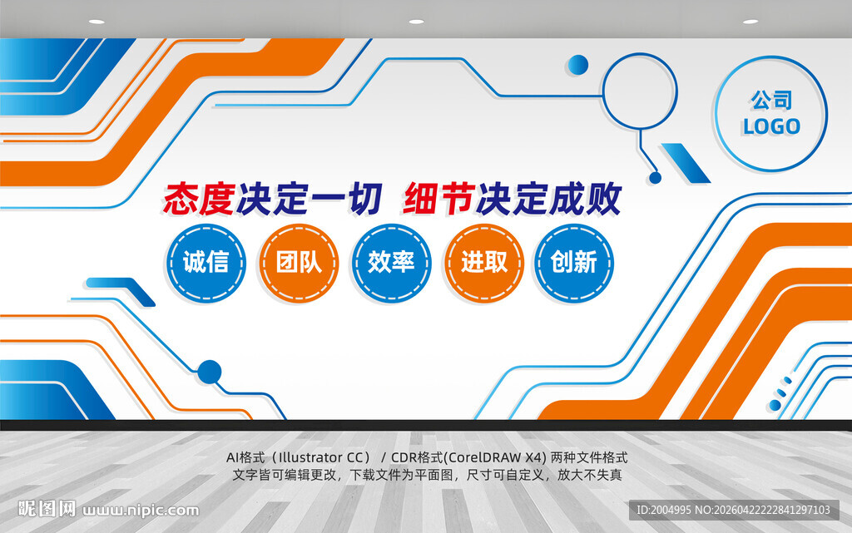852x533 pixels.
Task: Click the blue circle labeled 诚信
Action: tap(206, 263)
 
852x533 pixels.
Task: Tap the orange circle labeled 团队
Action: tap(299, 263)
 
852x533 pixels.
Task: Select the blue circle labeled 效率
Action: tap(391, 263)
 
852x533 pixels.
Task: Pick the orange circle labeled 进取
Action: tap(483, 263)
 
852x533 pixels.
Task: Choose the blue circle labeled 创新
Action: tap(574, 263)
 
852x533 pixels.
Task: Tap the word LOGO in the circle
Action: tap(771, 127)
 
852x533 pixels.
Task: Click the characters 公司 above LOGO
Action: tap(771, 101)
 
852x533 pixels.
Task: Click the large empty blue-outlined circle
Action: tap(640, 91)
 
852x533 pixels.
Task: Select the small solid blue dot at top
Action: tap(577, 64)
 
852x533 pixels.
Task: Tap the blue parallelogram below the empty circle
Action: tap(685, 162)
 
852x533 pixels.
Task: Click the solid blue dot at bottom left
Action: tap(210, 372)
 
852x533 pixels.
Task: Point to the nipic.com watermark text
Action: tap(141, 510)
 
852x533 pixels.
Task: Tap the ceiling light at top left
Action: tap(97, 22)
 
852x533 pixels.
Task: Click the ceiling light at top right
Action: tap(750, 22)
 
